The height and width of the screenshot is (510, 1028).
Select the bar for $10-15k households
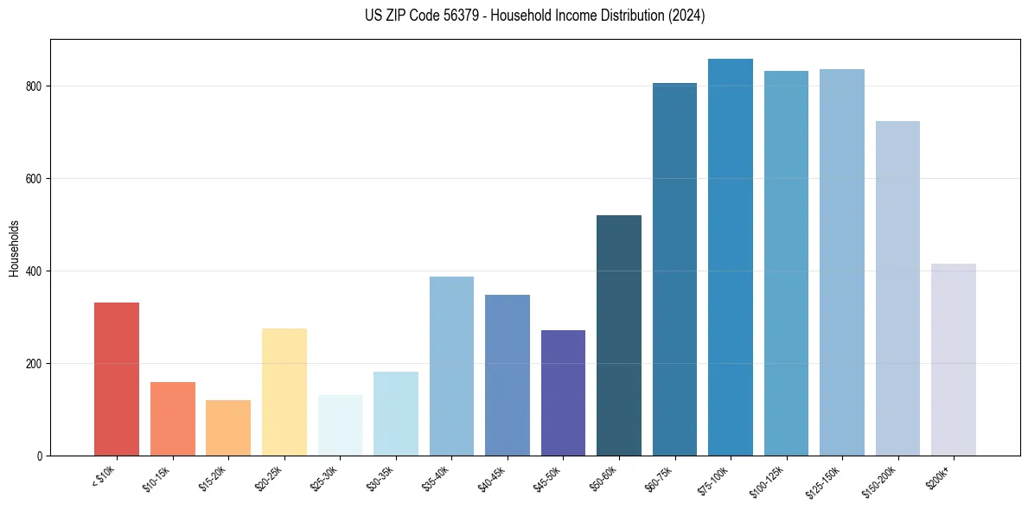pos(173,418)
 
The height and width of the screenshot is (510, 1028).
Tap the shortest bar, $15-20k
pos(228,427)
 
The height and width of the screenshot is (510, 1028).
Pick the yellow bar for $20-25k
pos(284,392)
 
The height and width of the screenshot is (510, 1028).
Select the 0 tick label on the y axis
pos(40,456)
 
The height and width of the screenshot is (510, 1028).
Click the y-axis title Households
pos(14,248)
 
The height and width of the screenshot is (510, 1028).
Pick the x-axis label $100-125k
pos(769,479)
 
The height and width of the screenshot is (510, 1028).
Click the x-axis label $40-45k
pos(492,477)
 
